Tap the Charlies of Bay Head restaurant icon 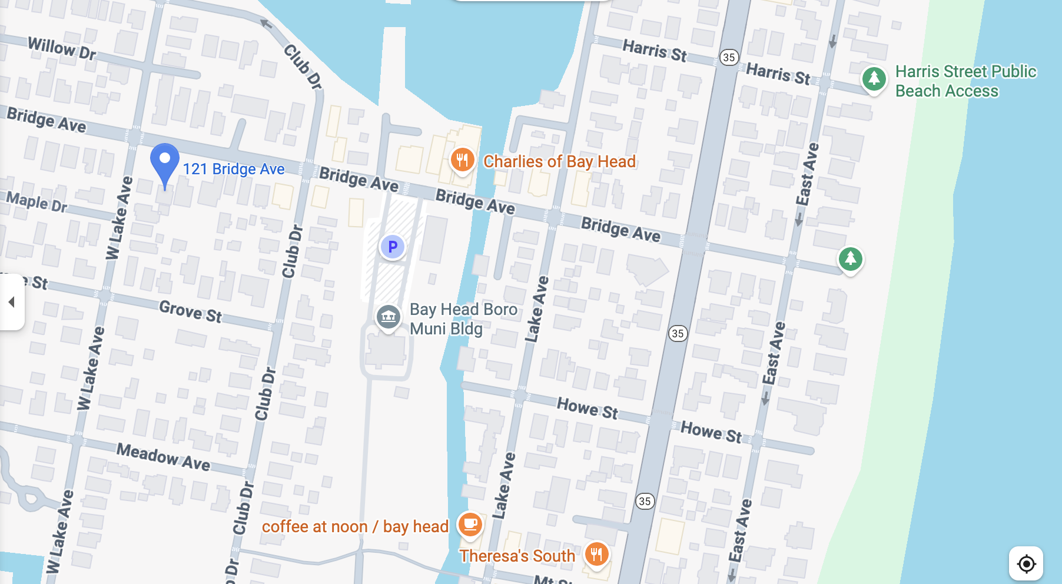(462, 160)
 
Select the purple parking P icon (393, 247)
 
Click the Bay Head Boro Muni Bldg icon (389, 317)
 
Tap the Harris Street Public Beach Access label (965, 81)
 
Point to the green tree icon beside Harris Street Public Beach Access (874, 78)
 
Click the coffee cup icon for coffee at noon (470, 524)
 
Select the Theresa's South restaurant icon (596, 554)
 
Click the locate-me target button (1026, 563)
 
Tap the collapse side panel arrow (11, 302)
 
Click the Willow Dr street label (62, 48)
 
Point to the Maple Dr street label (37, 202)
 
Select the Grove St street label (191, 311)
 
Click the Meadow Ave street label (163, 457)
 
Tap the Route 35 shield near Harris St (729, 57)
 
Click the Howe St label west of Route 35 (587, 407)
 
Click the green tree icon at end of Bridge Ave (850, 258)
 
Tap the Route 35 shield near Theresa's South (645, 501)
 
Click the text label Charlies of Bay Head (559, 161)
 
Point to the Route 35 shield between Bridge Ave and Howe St (678, 333)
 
